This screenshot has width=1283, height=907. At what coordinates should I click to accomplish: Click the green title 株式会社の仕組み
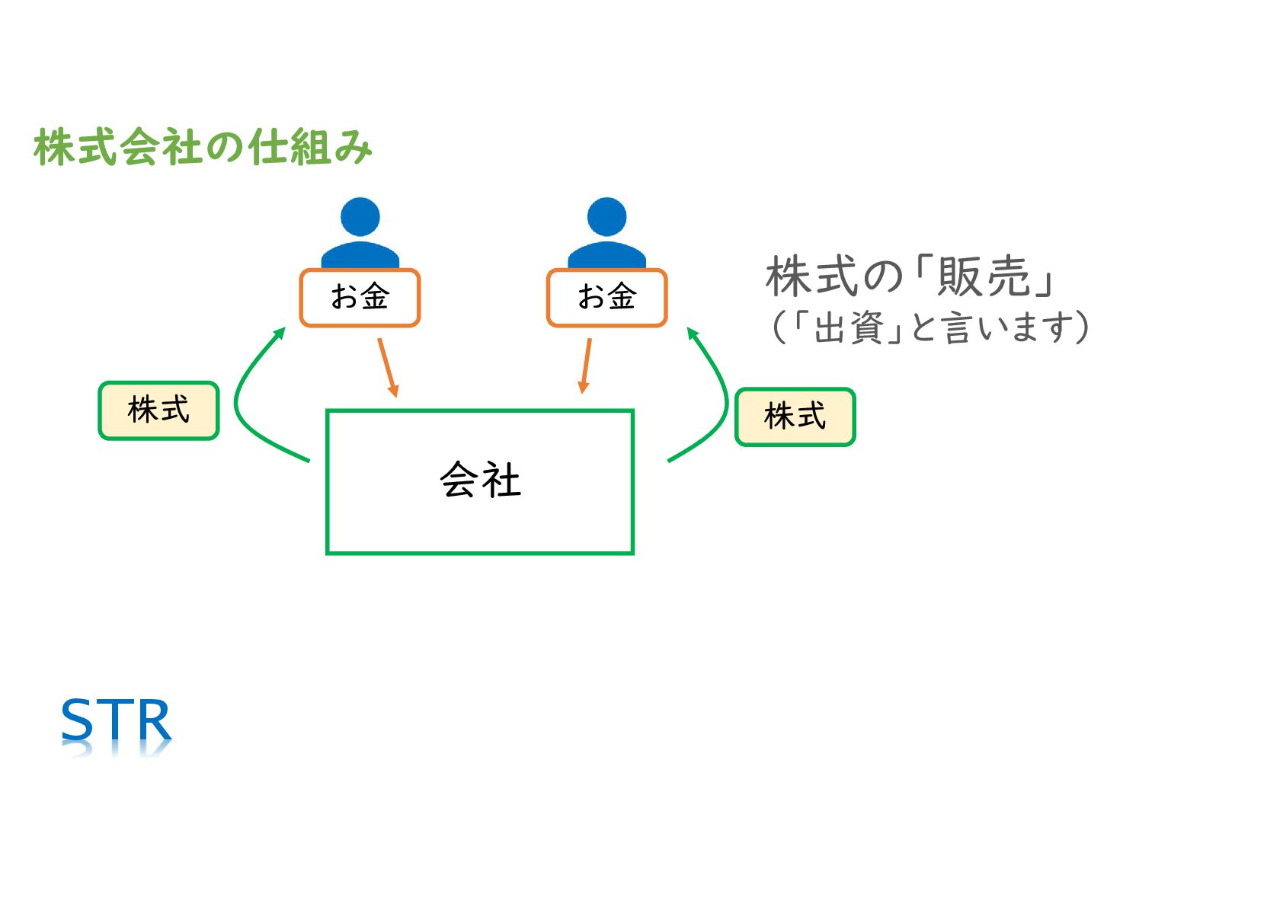click(203, 147)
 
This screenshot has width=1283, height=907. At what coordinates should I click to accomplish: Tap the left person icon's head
click(360, 217)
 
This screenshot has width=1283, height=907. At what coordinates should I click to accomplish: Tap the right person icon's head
click(606, 217)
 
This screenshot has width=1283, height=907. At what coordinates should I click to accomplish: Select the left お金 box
click(360, 298)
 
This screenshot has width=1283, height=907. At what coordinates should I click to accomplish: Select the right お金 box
click(606, 298)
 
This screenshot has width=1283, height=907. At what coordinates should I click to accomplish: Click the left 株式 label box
click(158, 410)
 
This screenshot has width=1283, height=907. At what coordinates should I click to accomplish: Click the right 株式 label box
click(795, 417)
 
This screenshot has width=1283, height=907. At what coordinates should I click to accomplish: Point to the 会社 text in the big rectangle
click(480, 481)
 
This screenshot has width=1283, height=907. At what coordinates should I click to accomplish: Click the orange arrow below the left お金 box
click(388, 367)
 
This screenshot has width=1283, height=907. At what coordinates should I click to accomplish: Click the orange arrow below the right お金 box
click(586, 366)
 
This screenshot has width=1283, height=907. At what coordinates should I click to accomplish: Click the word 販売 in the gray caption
click(984, 276)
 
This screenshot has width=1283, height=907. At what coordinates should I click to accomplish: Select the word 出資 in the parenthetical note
click(848, 328)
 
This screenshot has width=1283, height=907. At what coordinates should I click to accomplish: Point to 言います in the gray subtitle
click(1004, 328)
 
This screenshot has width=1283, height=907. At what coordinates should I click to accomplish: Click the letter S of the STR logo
click(77, 720)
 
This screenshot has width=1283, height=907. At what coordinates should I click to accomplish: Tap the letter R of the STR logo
click(155, 720)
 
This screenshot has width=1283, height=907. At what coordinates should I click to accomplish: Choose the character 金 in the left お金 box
click(375, 296)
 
